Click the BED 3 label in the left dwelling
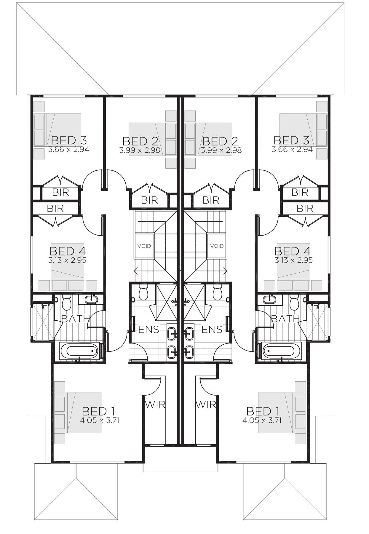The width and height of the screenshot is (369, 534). (x=69, y=140)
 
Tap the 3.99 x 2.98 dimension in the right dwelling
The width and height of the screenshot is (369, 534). (x=221, y=150)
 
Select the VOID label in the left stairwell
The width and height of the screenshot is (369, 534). (x=144, y=246)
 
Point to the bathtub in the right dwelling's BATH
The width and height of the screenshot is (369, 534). (x=282, y=351)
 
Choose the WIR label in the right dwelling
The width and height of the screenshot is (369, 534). (x=206, y=404)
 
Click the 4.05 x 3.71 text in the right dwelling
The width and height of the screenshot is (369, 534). (x=261, y=420)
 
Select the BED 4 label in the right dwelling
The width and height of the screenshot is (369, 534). (x=292, y=251)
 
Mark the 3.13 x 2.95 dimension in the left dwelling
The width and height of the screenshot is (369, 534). (x=67, y=260)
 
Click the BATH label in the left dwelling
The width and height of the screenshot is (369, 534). (x=75, y=319)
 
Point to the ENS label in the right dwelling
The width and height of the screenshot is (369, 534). (x=212, y=329)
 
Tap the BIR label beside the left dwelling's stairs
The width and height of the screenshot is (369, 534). (x=150, y=200)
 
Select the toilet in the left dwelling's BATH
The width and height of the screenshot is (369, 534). (x=67, y=303)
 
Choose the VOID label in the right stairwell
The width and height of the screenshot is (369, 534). (x=217, y=246)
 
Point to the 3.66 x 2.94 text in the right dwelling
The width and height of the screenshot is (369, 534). (x=292, y=149)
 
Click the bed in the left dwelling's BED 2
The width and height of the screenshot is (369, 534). (x=152, y=139)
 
